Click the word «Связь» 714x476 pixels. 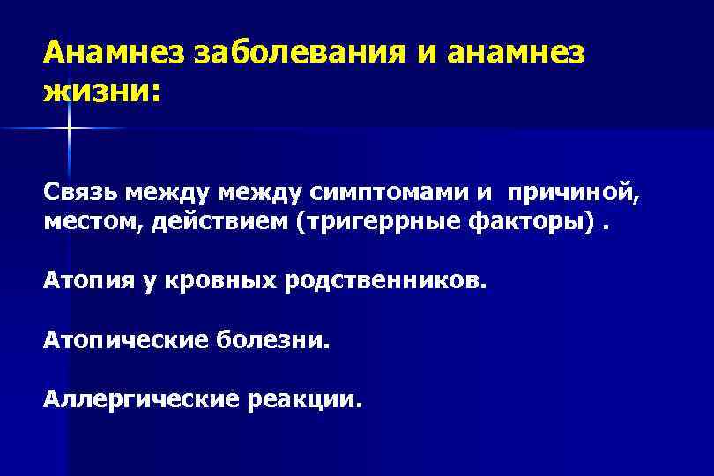80,192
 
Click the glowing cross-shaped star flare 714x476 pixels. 67,129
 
